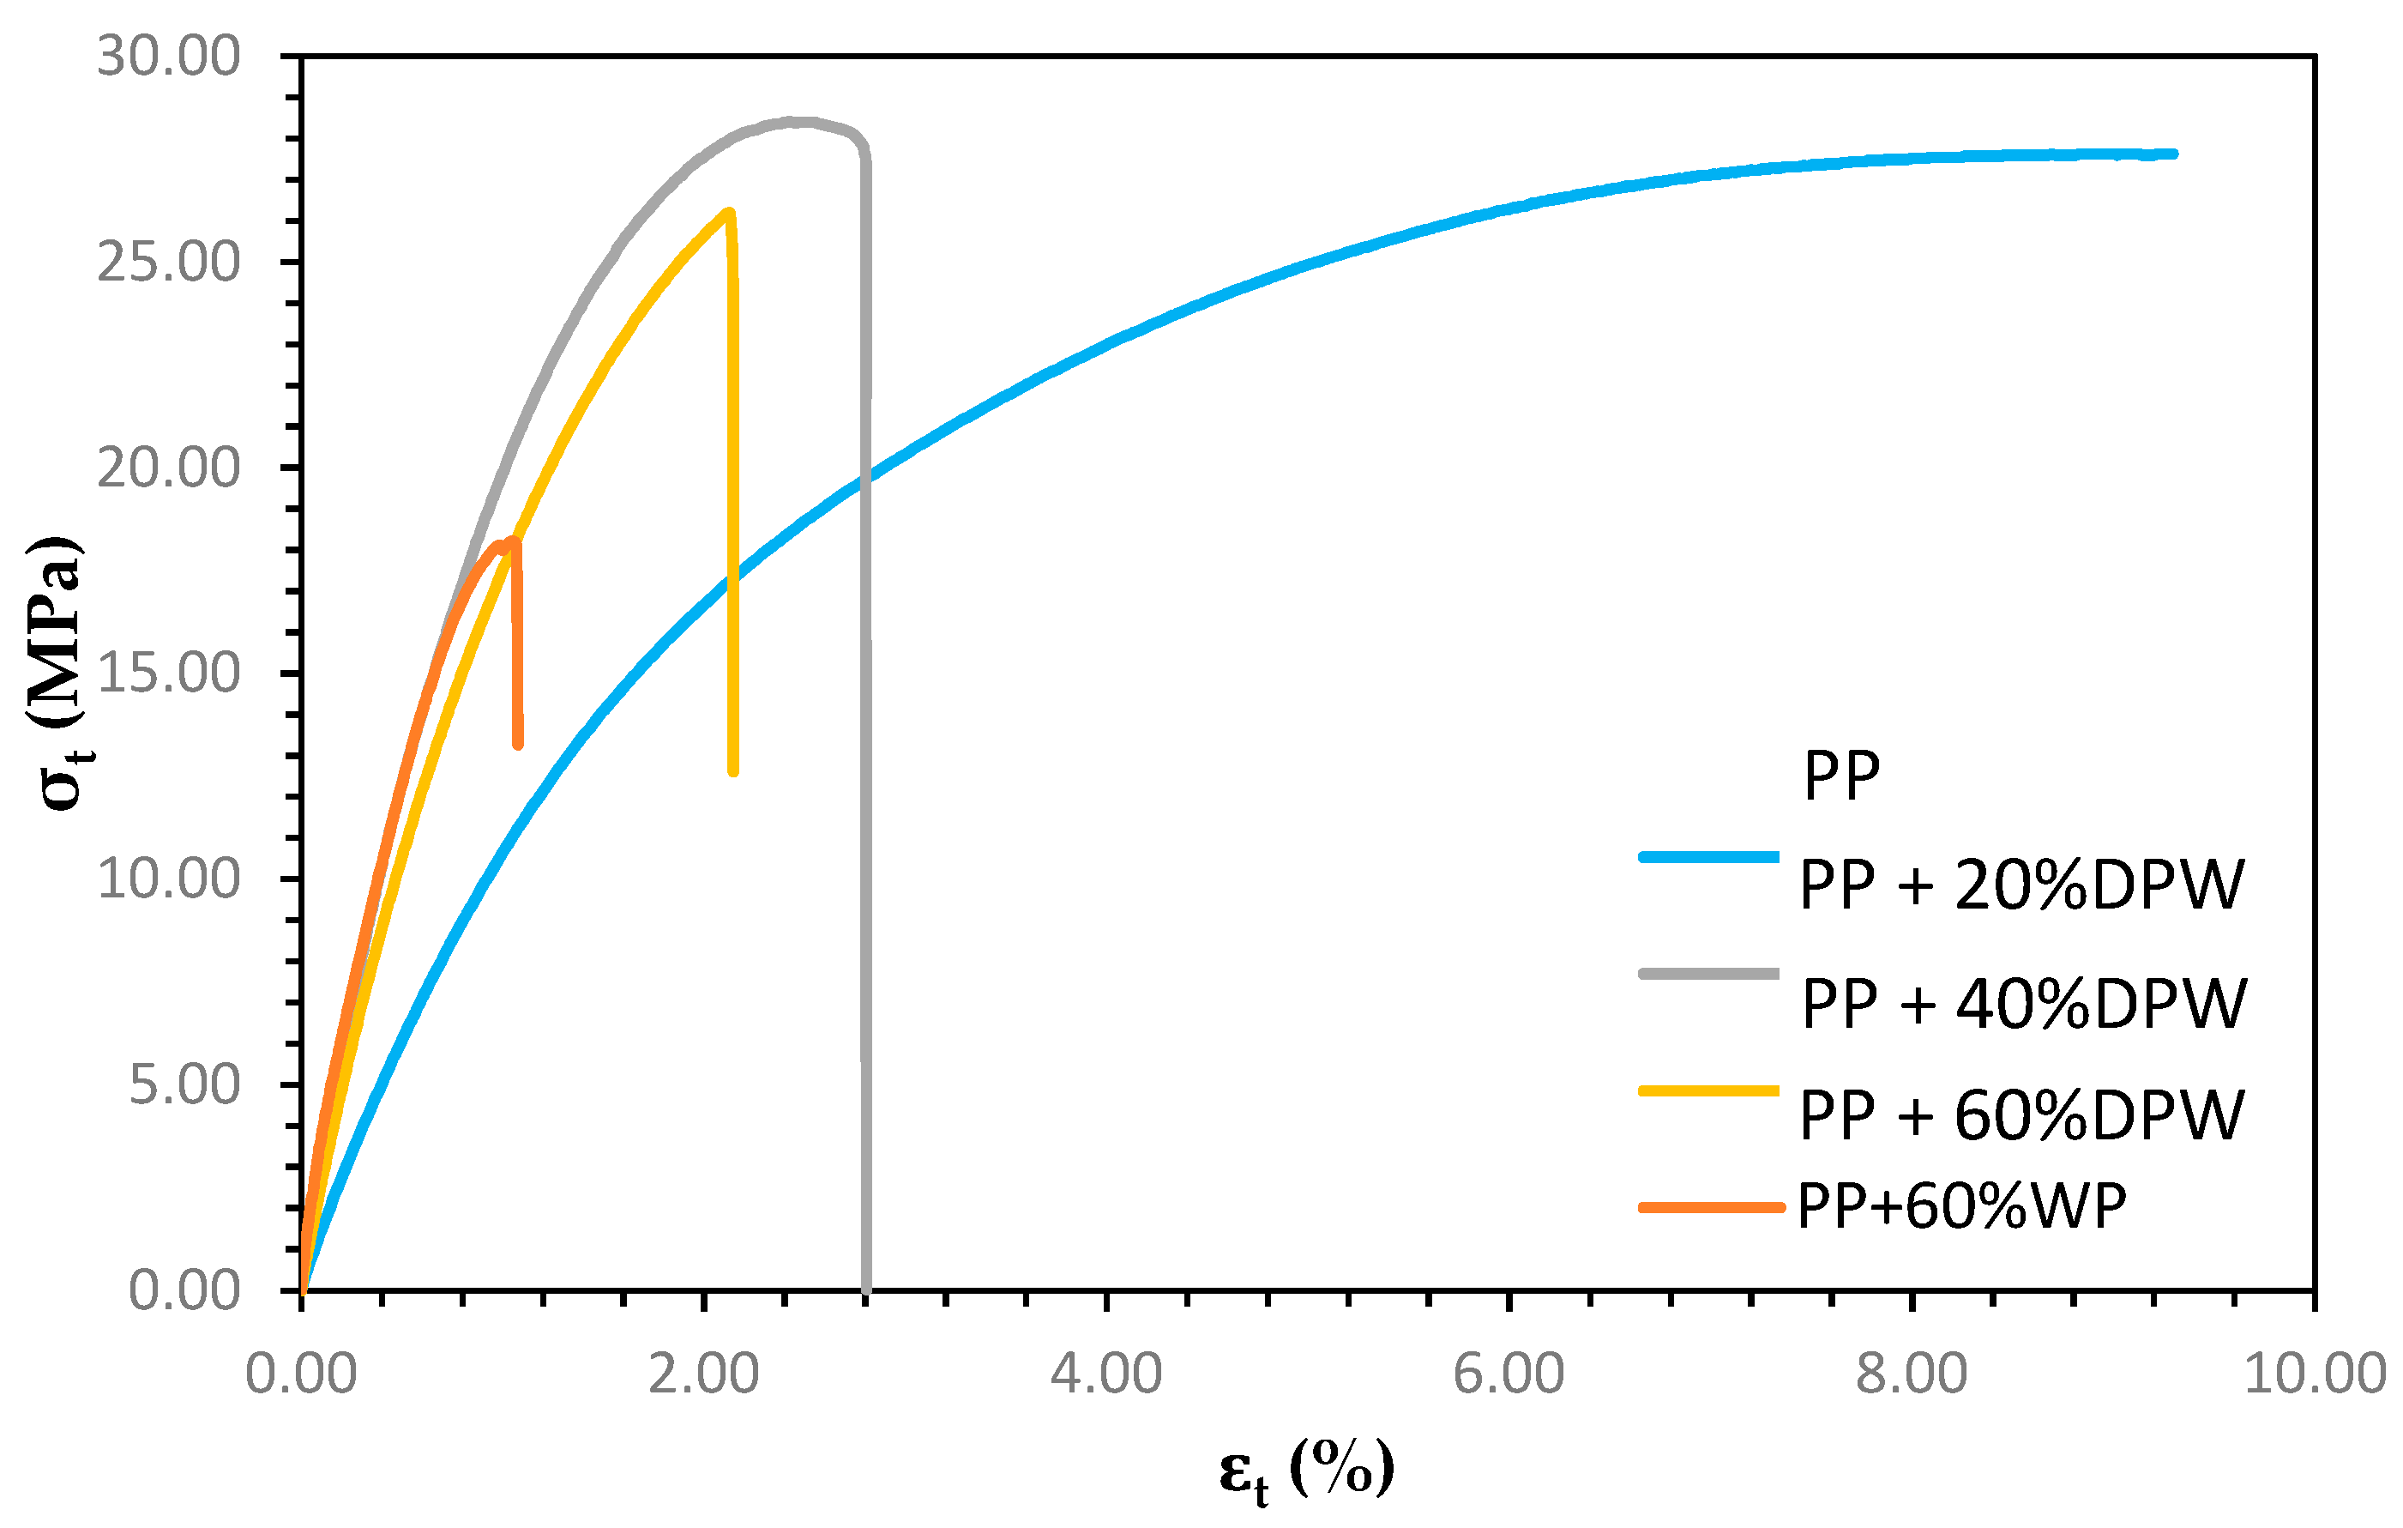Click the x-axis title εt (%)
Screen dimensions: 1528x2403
coord(1306,1471)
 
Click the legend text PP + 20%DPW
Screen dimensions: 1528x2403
coord(2021,885)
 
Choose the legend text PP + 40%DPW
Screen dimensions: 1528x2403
coord(2024,1004)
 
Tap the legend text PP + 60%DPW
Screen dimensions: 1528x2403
coord(2021,1116)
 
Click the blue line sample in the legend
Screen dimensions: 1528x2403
coord(1708,856)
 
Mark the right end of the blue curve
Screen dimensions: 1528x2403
coord(2173,154)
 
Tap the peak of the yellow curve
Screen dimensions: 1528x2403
coord(730,213)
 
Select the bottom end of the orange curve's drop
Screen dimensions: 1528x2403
coord(518,744)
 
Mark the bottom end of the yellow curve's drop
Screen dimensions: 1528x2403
coord(733,770)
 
